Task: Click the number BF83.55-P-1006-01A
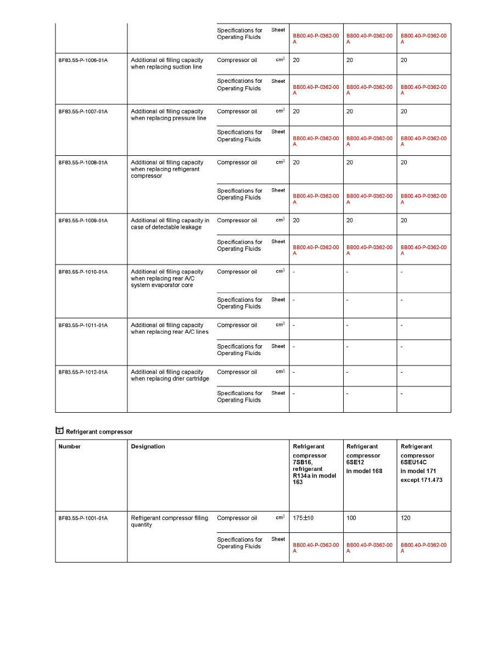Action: click(83, 60)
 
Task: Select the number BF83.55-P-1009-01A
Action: click(83, 221)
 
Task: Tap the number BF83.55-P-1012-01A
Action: click(83, 372)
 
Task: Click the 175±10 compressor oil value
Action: click(303, 518)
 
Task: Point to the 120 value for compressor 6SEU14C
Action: click(406, 518)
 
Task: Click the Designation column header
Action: click(148, 447)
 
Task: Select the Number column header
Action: click(70, 447)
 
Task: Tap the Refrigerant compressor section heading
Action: click(99, 432)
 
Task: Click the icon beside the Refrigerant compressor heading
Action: click(60, 431)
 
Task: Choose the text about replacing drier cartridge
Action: click(170, 375)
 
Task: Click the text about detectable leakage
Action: click(170, 224)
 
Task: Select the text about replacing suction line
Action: click(167, 64)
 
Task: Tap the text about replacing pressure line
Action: click(168, 115)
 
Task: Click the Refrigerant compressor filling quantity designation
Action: click(169, 521)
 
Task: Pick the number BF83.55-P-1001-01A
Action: click(83, 518)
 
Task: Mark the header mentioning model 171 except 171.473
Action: click(421, 463)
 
